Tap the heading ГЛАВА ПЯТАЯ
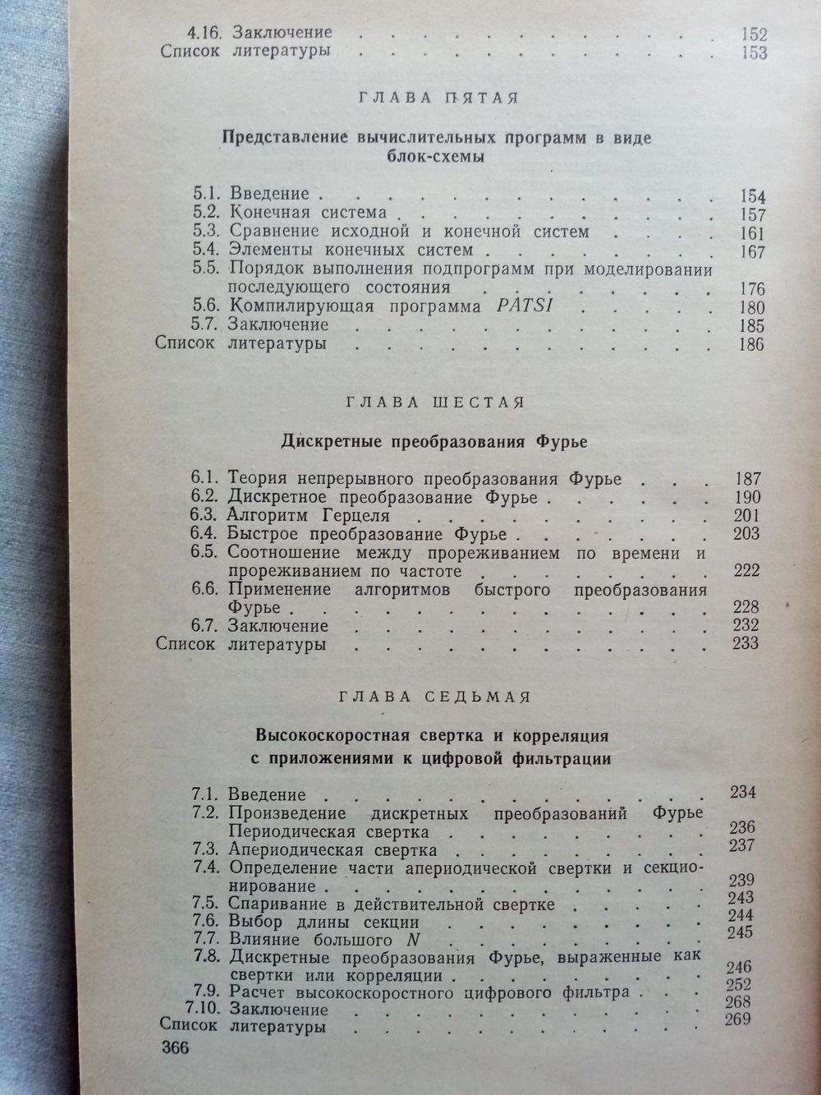[x=438, y=99]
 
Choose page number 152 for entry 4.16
[x=751, y=35]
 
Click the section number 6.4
[x=204, y=533]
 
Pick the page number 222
[x=747, y=571]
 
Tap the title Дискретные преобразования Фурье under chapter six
[x=436, y=441]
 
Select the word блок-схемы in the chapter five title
[x=437, y=157]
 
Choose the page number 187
[x=748, y=479]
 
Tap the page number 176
[x=751, y=289]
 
